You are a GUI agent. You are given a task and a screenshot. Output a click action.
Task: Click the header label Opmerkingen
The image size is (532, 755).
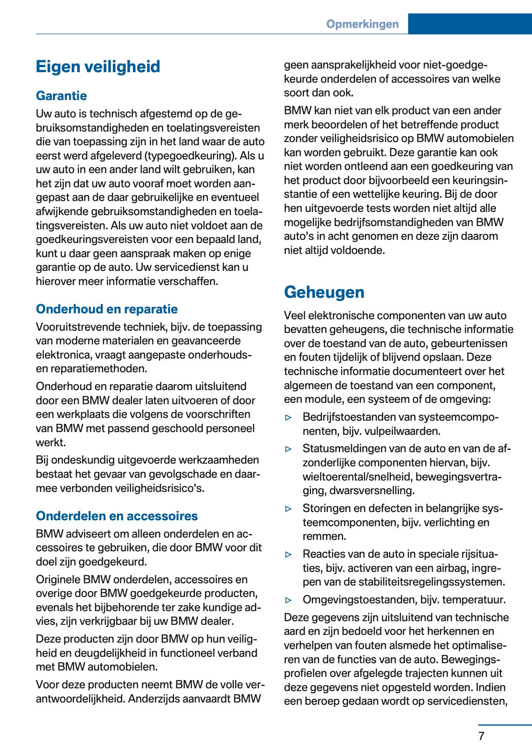362,24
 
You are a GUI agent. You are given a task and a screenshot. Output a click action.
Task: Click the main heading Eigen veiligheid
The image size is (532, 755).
98,67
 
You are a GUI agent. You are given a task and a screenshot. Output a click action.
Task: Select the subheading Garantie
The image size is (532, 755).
61,95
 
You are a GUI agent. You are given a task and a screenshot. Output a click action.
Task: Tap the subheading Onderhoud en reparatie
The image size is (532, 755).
107,309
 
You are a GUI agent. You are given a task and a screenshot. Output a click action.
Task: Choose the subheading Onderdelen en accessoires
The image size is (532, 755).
117,516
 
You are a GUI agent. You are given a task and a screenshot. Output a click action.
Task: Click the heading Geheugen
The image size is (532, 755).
324,292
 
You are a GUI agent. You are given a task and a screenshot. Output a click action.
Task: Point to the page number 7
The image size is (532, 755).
481,736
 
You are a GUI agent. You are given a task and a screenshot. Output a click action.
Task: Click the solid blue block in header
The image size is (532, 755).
469,24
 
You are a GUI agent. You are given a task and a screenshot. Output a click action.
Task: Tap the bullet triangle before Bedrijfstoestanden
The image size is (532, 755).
288,417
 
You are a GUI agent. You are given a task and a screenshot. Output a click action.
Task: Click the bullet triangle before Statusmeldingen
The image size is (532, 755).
288,449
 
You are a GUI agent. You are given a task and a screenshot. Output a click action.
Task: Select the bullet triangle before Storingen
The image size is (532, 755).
288,508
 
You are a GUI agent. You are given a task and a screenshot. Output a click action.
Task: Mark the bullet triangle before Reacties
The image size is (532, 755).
288,554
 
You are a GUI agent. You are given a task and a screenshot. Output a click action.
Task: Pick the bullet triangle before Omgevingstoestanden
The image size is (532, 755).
288,600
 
